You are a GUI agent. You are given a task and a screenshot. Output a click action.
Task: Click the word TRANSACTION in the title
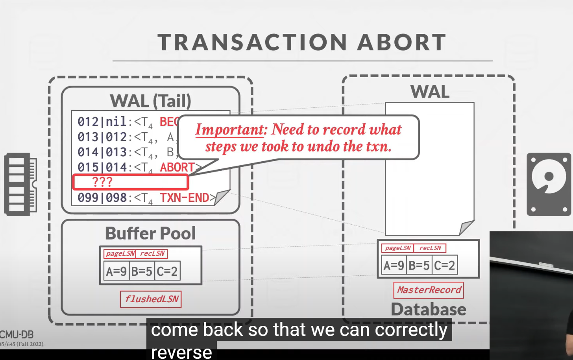(x=252, y=42)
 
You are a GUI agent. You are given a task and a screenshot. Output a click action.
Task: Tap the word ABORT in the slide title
(x=401, y=42)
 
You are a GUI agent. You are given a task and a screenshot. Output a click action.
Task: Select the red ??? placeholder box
(x=131, y=182)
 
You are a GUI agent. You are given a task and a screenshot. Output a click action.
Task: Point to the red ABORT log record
(x=177, y=168)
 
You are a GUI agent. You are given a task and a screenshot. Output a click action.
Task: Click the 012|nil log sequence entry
(x=102, y=122)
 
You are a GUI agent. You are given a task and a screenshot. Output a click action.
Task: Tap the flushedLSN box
(x=151, y=299)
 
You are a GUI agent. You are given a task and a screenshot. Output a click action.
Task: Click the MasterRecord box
(x=429, y=290)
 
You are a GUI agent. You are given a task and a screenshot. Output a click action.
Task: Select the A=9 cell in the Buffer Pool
(x=116, y=271)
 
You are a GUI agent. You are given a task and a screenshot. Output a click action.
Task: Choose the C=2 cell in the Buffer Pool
(x=167, y=271)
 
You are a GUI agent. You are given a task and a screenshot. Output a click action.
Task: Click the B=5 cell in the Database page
(x=419, y=266)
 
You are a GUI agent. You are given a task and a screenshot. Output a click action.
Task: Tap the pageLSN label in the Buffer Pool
(x=120, y=254)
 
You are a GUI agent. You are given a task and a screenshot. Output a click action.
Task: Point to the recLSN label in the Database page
(x=430, y=248)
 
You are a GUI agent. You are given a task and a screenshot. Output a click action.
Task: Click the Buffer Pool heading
(x=150, y=233)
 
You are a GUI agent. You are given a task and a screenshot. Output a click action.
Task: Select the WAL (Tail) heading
(x=150, y=101)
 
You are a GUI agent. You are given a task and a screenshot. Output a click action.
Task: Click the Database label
(x=429, y=310)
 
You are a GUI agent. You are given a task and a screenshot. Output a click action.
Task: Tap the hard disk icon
(x=549, y=184)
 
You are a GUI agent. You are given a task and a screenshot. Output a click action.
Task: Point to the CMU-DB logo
(x=17, y=335)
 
